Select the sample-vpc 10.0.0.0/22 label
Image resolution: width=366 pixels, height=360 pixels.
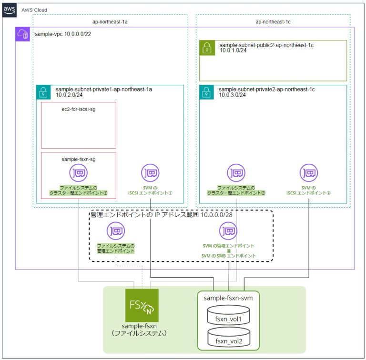(x=59, y=35)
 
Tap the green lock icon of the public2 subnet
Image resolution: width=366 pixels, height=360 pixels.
(x=207, y=48)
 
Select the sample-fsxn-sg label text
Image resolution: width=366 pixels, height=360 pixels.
(x=79, y=160)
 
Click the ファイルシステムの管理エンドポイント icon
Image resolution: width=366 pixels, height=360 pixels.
(x=116, y=232)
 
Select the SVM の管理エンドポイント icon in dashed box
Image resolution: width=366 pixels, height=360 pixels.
(x=228, y=232)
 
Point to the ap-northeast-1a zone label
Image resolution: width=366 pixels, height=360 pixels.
(x=110, y=22)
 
